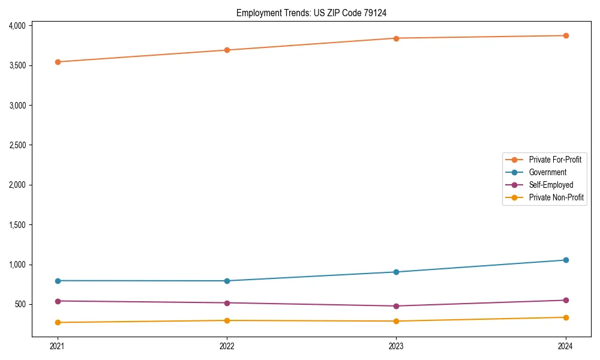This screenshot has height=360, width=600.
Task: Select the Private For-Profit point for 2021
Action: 58,62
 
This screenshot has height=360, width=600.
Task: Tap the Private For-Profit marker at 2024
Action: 566,35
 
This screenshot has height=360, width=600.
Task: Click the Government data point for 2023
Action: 396,272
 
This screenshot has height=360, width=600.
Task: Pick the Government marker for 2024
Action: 566,260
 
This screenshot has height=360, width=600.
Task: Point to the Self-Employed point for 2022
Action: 227,303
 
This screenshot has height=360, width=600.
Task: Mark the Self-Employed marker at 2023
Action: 396,306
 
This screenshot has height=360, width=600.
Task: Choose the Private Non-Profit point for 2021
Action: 58,322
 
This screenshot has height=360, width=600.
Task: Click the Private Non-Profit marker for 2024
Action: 566,317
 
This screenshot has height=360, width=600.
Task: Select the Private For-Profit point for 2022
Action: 227,50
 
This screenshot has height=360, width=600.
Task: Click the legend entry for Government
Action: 547,172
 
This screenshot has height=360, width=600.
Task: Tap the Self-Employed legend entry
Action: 551,185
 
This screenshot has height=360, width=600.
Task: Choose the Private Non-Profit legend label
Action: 556,197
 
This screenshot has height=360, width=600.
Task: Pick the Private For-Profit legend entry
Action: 555,160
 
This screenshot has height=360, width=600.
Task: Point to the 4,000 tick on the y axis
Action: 17,26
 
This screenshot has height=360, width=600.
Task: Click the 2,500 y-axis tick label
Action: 17,145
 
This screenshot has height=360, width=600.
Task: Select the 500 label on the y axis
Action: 20,304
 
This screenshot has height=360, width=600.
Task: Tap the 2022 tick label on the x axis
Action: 227,346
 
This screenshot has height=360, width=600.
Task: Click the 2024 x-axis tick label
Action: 566,346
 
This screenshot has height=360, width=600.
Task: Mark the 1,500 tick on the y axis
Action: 17,225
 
